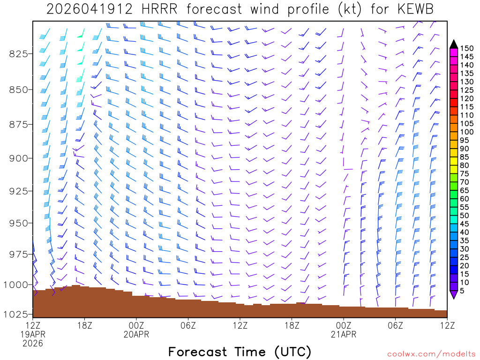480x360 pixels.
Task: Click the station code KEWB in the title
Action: (x=412, y=9)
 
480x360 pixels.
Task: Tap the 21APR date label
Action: (x=344, y=334)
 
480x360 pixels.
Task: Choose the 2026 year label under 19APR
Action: (x=33, y=343)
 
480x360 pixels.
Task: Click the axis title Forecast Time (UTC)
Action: (x=240, y=352)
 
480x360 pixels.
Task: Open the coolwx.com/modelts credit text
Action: (x=431, y=354)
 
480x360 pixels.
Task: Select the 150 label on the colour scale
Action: (x=466, y=48)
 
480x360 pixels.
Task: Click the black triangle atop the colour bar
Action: (x=453, y=44)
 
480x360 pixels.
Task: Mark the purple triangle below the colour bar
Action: (x=453, y=295)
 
